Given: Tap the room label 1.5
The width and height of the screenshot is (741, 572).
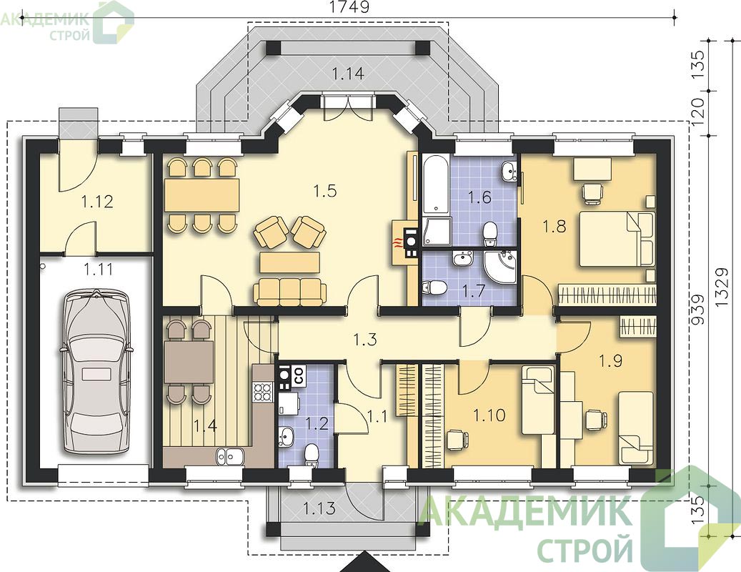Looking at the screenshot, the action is (324, 191).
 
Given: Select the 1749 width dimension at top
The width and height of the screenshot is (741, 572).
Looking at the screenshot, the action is (349, 7).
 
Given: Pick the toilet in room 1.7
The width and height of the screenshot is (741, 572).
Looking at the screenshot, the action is (433, 287).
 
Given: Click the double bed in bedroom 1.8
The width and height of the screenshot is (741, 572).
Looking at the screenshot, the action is (617, 238).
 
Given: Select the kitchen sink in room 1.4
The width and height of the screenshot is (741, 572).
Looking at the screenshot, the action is (230, 456).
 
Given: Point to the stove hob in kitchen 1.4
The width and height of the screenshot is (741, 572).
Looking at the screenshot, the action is (263, 391).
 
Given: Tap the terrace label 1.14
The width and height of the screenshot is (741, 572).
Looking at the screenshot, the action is (349, 74).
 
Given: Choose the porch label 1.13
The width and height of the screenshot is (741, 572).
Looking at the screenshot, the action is (319, 508).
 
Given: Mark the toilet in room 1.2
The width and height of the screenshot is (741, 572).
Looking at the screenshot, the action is (311, 455).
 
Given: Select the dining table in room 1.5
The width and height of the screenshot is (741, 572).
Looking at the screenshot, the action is (202, 195).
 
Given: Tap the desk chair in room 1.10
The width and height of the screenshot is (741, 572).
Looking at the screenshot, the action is (457, 440).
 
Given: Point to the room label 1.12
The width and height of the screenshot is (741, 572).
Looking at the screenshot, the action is (97, 202).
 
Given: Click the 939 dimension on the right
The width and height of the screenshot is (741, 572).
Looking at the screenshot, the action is (697, 310).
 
